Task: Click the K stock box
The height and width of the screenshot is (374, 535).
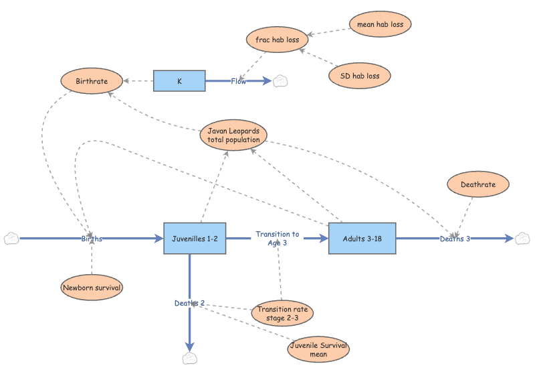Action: point(179,81)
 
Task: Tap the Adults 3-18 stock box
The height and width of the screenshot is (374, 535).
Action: point(362,238)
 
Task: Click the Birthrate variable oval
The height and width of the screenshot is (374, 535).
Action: point(92,81)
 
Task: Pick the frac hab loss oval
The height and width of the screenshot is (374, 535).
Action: point(277,40)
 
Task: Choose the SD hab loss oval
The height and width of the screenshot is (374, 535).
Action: point(360,76)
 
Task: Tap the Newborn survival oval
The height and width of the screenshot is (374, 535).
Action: point(92,288)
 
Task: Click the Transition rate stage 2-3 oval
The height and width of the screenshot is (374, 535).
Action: point(283,313)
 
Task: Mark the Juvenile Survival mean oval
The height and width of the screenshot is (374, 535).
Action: point(318,350)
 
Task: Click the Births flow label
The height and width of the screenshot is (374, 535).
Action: point(92,239)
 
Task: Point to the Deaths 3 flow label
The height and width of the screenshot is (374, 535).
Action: point(455,239)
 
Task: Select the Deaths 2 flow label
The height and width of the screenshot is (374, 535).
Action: point(190,303)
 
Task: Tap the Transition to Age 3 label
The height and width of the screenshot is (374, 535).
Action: point(277,239)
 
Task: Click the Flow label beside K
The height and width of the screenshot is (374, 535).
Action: point(239,81)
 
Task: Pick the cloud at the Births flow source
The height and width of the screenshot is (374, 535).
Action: point(11,238)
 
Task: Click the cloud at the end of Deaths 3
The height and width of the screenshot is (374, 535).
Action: point(522,238)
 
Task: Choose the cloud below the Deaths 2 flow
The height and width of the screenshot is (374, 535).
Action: point(190,359)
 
